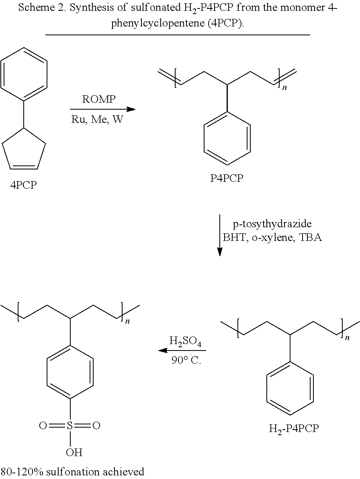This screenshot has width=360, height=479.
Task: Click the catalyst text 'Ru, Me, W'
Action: [x=98, y=119]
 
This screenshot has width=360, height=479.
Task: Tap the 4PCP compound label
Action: [x=24, y=185]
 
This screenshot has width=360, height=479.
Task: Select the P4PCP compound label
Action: [x=227, y=178]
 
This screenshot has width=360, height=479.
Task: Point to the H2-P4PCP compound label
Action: [x=293, y=428]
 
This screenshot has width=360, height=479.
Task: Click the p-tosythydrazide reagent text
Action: [x=272, y=224]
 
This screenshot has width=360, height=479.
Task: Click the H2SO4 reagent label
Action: [x=185, y=342]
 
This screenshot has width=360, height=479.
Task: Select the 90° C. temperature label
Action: [x=186, y=360]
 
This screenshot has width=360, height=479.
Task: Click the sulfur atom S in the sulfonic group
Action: [x=70, y=426]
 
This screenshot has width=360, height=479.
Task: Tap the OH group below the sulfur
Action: [x=74, y=453]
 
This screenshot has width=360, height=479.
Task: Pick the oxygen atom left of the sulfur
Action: [x=43, y=426]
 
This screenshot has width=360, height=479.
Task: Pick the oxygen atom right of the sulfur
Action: [x=96, y=426]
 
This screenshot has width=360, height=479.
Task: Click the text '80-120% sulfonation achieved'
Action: [x=73, y=471]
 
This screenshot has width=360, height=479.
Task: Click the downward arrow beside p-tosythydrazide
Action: [x=220, y=235]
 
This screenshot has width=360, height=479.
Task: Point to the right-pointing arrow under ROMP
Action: [x=102, y=109]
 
